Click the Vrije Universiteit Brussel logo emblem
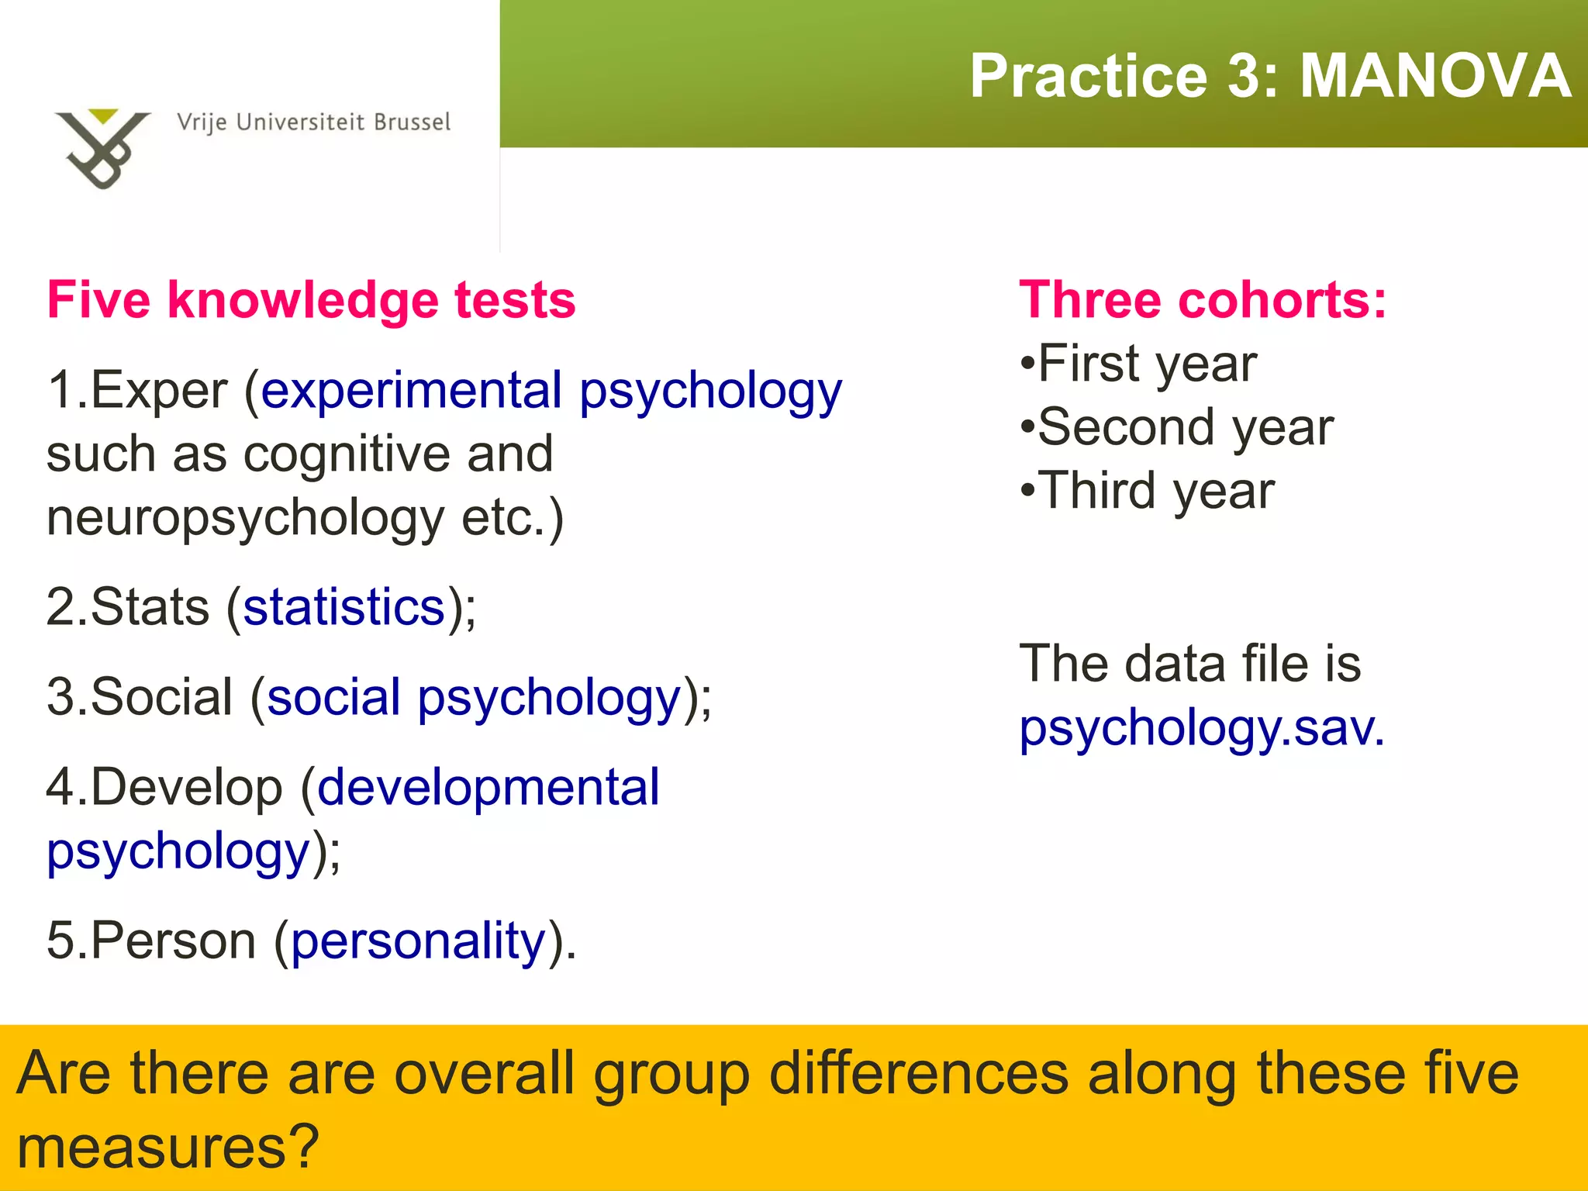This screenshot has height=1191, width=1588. tap(102, 147)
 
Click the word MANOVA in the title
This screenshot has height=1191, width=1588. tap(1434, 76)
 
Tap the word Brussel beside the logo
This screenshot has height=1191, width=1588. tap(412, 123)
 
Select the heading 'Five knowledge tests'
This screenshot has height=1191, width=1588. tap(311, 300)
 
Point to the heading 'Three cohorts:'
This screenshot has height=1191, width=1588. tap(1203, 300)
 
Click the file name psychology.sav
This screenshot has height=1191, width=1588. tap(1201, 728)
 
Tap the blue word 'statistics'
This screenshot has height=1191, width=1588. tap(344, 607)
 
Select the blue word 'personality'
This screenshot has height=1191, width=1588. tap(419, 941)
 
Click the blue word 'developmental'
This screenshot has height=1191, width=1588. tap(488, 788)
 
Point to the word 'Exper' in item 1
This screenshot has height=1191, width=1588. tap(159, 390)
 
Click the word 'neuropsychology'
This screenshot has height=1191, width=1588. tap(245, 519)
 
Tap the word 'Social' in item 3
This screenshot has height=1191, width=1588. tap(161, 697)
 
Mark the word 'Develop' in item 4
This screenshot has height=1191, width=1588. tap(186, 788)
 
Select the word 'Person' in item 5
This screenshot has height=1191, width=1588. tap(173, 941)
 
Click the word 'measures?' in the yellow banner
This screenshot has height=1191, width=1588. tap(167, 1147)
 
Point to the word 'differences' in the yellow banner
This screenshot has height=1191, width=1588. tap(919, 1074)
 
